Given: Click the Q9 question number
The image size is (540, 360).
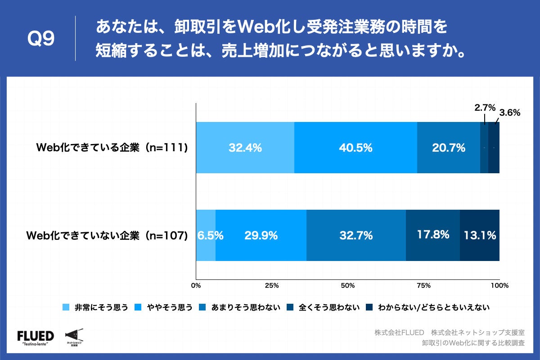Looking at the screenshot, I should (41, 39).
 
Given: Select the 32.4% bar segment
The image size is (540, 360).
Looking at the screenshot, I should (245, 148).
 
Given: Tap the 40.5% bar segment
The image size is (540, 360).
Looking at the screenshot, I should (355, 148).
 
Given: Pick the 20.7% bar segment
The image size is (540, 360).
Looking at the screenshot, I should (448, 148).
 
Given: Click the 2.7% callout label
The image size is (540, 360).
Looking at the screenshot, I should (485, 108).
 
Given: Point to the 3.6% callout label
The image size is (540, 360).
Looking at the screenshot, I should (510, 113).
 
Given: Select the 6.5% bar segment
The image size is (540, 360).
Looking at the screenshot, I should (206, 235).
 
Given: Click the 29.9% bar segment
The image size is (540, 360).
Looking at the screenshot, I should (261, 235).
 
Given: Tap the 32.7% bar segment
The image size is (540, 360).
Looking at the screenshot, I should (356, 235).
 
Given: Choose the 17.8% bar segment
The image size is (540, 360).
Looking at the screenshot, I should (433, 235).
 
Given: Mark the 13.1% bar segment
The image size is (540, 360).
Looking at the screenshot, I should (480, 235).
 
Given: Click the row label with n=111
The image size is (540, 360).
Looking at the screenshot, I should (112, 148).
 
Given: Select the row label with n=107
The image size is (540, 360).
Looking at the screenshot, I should (107, 235).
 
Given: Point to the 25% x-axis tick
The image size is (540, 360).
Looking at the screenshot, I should (272, 285).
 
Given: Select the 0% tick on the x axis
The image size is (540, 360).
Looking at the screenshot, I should (196, 285).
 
